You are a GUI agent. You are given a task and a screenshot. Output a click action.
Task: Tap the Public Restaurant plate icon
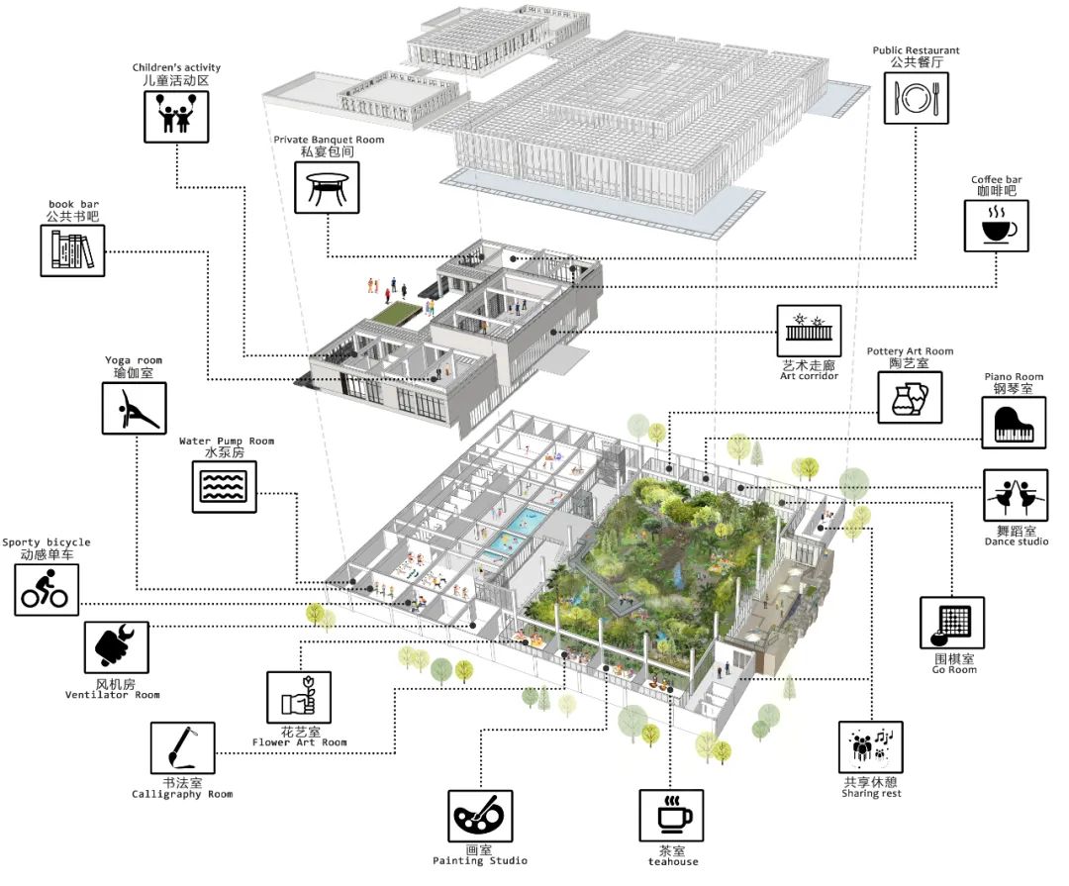pyautogui.click(x=916, y=95)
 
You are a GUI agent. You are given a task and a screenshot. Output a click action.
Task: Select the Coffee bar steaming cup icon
pyautogui.click(x=997, y=226)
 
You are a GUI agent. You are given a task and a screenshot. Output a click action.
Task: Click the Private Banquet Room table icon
pyautogui.click(x=327, y=187)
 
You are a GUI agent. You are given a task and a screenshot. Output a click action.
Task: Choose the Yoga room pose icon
pyautogui.click(x=134, y=407)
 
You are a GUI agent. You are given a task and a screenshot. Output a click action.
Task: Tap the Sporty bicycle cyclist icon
pyautogui.click(x=47, y=589)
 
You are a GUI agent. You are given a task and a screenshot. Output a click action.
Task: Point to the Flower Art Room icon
pyautogui.click(x=299, y=699)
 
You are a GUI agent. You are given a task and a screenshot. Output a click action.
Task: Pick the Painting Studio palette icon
pyautogui.click(x=480, y=816)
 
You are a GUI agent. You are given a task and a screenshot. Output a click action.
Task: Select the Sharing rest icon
pyautogui.click(x=871, y=746)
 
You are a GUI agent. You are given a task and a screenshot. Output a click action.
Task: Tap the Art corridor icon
pyautogui.click(x=807, y=330)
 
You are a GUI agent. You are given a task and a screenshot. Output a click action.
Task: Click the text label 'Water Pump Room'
pyautogui.click(x=226, y=442)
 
